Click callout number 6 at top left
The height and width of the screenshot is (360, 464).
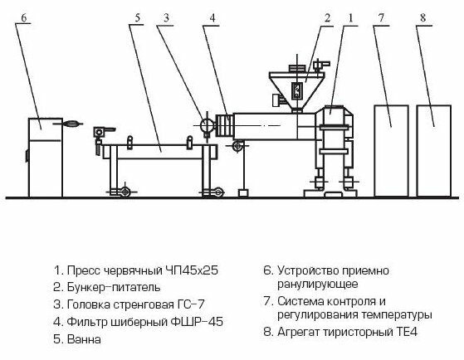click(x=24, y=17)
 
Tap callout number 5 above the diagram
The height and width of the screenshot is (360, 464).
click(x=137, y=17)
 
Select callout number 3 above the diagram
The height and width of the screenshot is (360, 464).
click(x=166, y=17)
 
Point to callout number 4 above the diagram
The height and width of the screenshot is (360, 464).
click(x=212, y=17)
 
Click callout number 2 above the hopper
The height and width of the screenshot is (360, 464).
click(x=327, y=17)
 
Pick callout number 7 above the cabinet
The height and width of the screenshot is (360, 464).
click(x=381, y=17)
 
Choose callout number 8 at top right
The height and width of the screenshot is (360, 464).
click(x=423, y=17)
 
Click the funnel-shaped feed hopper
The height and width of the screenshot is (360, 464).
click(x=297, y=90)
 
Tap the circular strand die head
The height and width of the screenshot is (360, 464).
click(x=207, y=125)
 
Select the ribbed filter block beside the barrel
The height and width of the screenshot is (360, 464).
click(x=225, y=125)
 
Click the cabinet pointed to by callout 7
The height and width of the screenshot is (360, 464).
click(x=392, y=151)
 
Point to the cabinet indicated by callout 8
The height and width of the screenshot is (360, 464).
click(x=434, y=151)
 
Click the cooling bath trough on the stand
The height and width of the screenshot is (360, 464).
click(x=160, y=152)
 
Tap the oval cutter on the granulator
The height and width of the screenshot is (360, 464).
click(x=71, y=124)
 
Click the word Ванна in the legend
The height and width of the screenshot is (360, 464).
click(x=84, y=339)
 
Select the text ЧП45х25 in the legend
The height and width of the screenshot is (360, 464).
click(x=192, y=270)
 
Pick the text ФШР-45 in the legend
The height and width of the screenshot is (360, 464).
click(x=197, y=322)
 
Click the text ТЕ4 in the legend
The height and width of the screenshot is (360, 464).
click(x=407, y=332)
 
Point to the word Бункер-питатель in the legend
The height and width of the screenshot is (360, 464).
click(x=114, y=287)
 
